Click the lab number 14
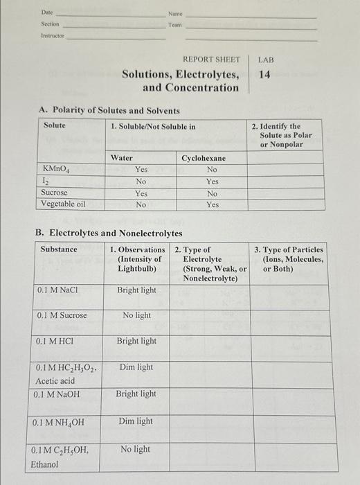[264, 74]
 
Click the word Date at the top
[47, 12]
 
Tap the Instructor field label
[53, 34]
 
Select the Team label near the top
[174, 24]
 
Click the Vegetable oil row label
[63, 204]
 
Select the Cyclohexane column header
[204, 158]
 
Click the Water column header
[122, 158]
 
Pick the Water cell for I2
[141, 181]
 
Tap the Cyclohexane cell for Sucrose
[212, 193]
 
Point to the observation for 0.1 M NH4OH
[136, 421]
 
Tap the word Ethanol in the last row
[46, 464]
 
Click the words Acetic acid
[56, 380]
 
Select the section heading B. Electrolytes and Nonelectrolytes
[109, 233]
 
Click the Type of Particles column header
[289, 258]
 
